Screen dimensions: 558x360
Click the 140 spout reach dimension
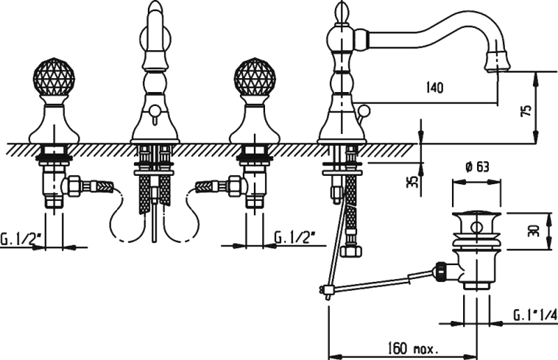click(435, 87)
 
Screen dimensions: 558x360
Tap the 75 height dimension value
click(528, 110)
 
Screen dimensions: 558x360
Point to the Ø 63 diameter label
click(477, 167)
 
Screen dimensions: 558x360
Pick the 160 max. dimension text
click(412, 348)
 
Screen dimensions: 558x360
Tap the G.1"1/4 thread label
click(535, 315)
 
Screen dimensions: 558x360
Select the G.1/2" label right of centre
click(295, 237)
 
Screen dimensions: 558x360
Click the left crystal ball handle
click(54, 77)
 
